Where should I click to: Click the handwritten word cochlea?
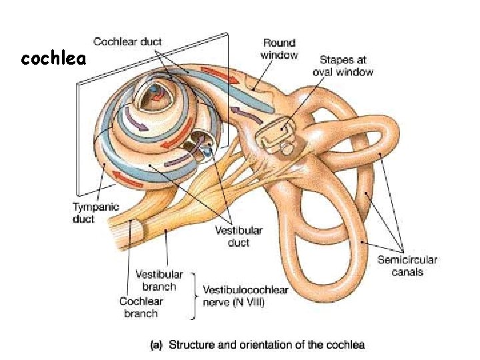53,59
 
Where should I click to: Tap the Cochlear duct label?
127,41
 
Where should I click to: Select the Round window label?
279,49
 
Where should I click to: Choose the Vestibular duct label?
238,237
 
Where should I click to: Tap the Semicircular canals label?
407,265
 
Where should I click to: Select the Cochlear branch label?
141,307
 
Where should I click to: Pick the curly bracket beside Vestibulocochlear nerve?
194,297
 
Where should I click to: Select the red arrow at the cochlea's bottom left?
124,176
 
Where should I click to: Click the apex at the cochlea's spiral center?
155,93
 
